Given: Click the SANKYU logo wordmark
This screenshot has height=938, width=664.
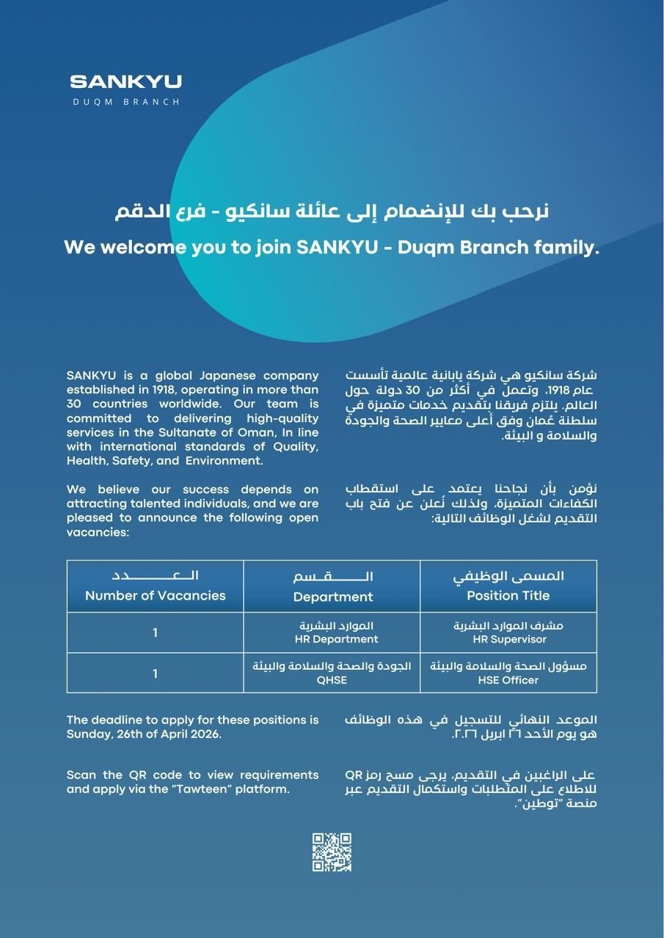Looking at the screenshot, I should (x=125, y=81).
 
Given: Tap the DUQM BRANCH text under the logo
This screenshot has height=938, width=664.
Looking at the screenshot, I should (x=125, y=102).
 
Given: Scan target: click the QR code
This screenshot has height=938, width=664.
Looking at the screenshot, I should (x=332, y=852).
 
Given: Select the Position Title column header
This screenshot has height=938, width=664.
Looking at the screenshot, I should (x=508, y=586).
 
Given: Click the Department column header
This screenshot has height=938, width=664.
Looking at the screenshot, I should (x=332, y=586).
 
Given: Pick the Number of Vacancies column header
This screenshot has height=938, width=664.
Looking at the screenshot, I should (x=155, y=586).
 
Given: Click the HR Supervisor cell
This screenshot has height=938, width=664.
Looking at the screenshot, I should (x=508, y=632).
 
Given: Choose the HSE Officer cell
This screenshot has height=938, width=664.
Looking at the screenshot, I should (x=508, y=673).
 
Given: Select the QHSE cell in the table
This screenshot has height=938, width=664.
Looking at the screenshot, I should (x=332, y=673).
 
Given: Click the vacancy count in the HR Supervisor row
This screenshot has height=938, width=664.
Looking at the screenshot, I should (x=155, y=632).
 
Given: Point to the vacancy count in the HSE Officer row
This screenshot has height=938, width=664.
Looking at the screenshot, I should (x=155, y=673).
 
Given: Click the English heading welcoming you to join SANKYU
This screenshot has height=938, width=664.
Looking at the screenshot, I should (x=332, y=248).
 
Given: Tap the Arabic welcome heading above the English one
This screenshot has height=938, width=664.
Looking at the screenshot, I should (x=332, y=213).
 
